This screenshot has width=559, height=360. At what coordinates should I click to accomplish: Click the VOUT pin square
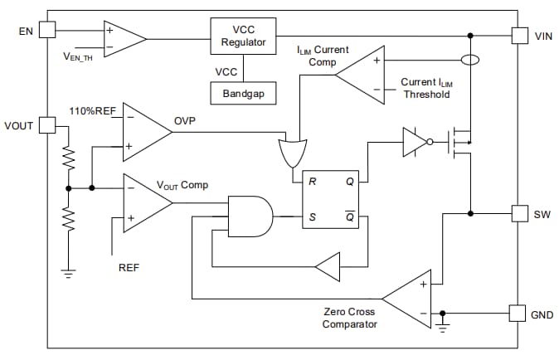tap(47, 125)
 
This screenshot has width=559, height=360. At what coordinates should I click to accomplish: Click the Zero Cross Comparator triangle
tap(411, 298)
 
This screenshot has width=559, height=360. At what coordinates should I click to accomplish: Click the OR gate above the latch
tap(292, 153)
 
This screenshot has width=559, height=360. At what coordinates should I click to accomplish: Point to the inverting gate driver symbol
tap(416, 142)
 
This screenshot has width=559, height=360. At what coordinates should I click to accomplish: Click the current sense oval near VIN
tap(470, 61)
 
